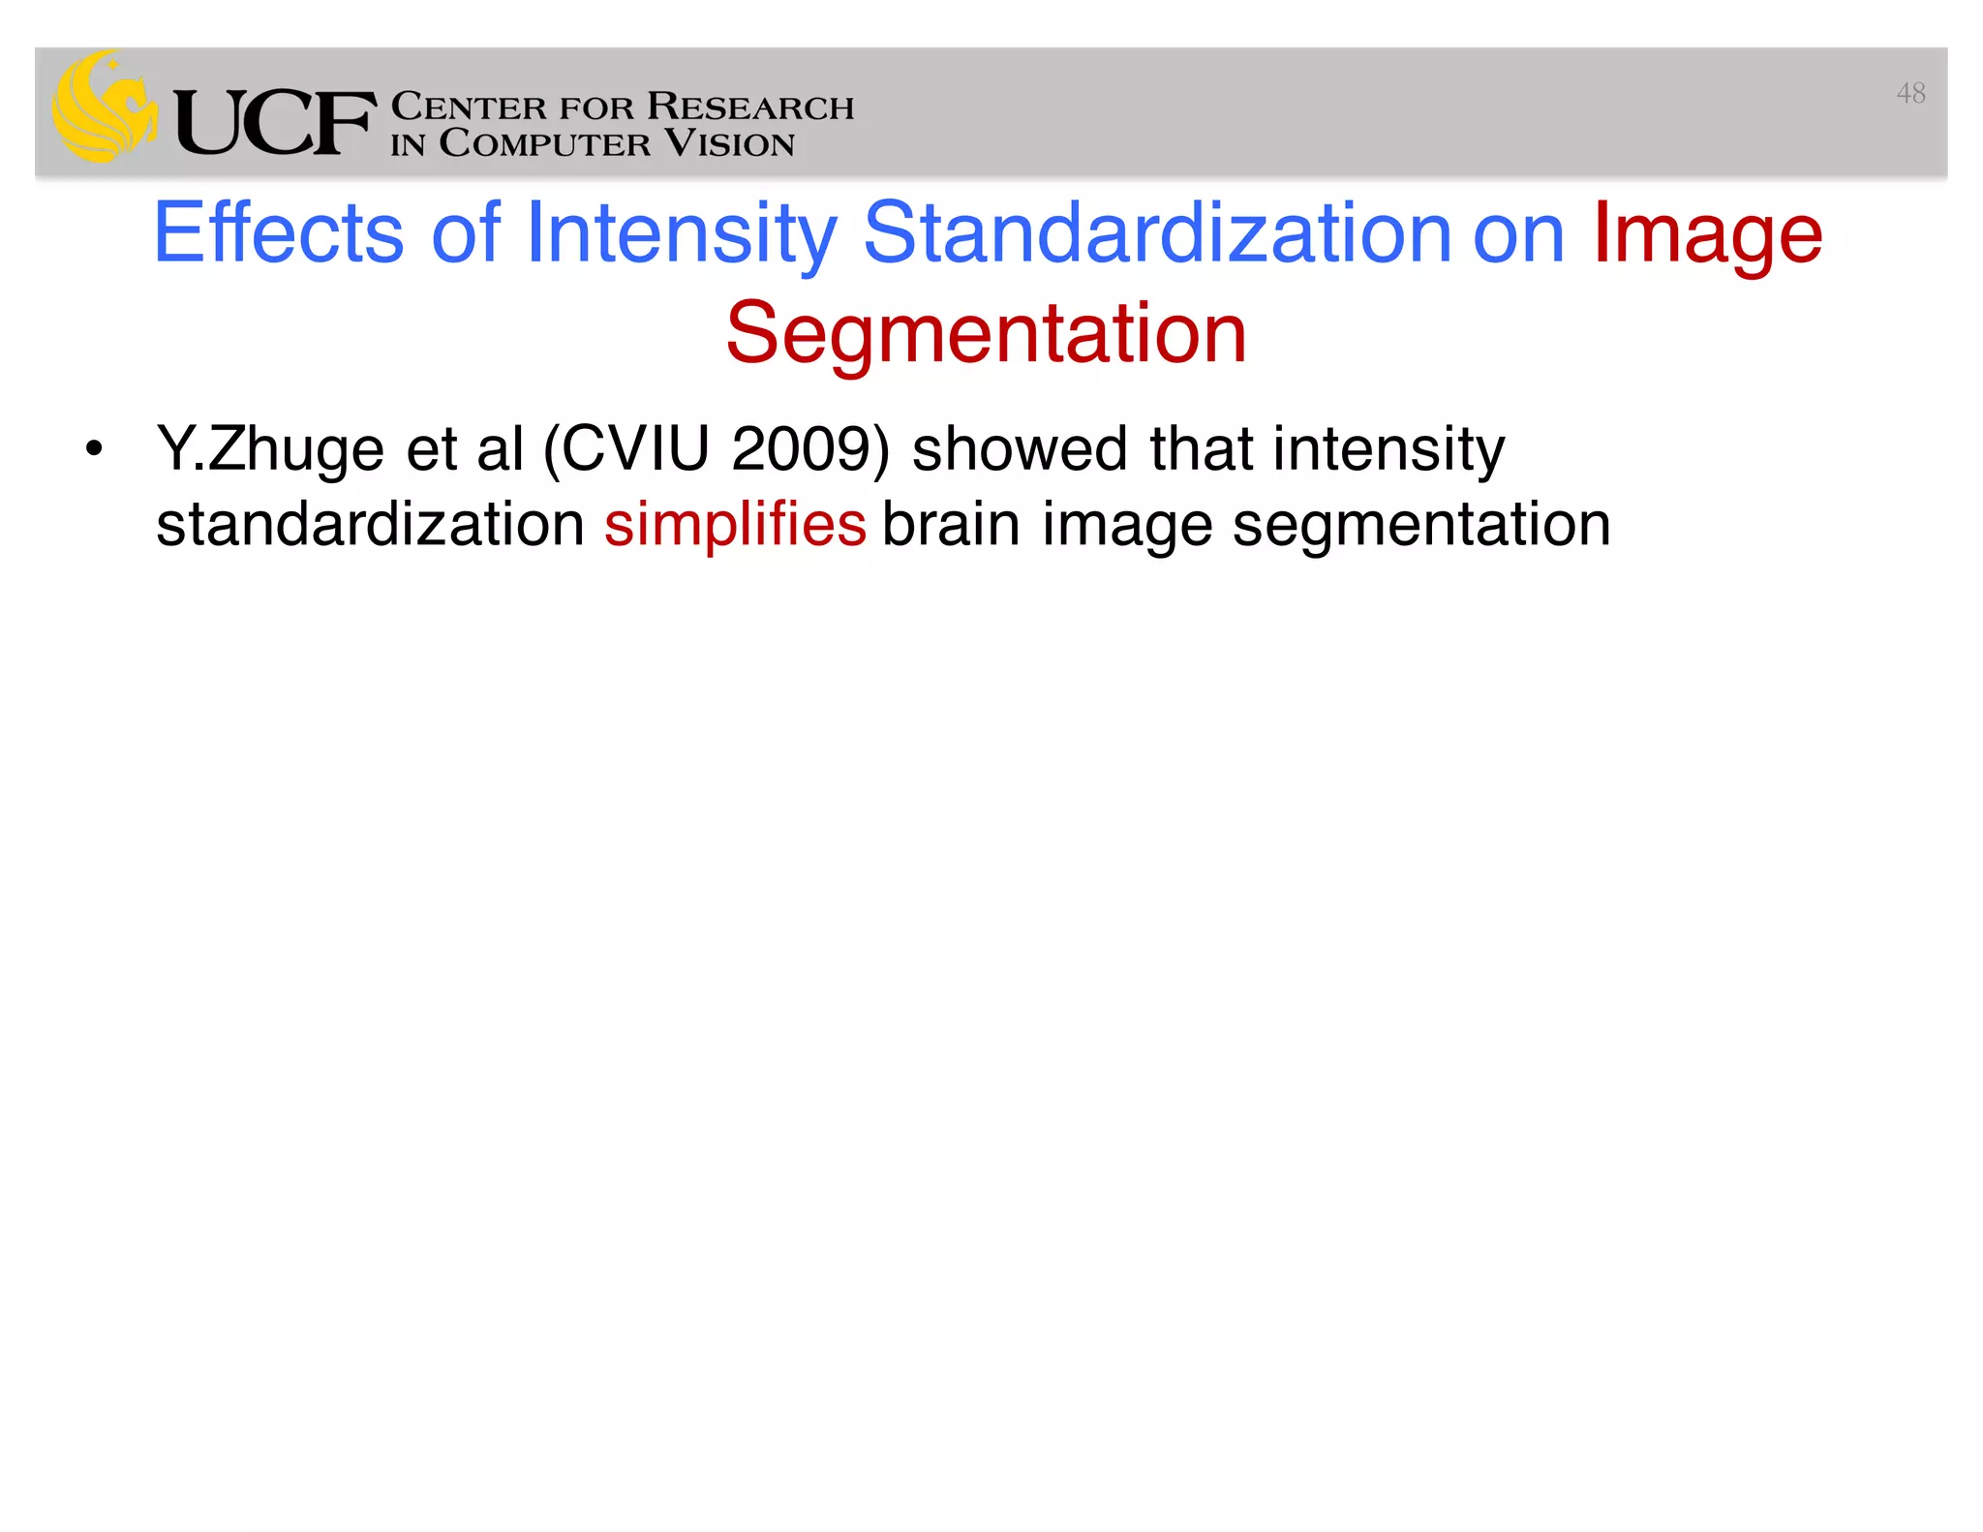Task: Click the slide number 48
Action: [1909, 93]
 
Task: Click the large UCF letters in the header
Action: [274, 122]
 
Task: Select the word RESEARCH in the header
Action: [750, 106]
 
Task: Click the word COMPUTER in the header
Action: [544, 143]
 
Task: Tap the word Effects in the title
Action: [278, 232]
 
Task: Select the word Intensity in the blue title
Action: [681, 232]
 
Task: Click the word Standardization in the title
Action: [1157, 232]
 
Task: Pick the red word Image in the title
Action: [1707, 232]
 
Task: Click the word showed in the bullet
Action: [1019, 449]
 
